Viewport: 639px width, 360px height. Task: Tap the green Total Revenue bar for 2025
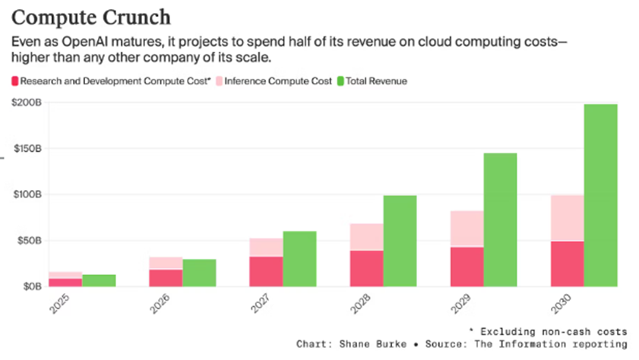pyautogui.click(x=99, y=280)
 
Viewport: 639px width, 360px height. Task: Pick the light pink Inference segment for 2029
pyautogui.click(x=467, y=229)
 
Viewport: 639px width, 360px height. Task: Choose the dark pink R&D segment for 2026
pyautogui.click(x=166, y=278)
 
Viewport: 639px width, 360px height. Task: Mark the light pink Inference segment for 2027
pyautogui.click(x=266, y=247)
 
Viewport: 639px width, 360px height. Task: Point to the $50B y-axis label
pyautogui.click(x=27, y=241)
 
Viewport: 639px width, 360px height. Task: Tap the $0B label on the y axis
pyautogui.click(x=30, y=287)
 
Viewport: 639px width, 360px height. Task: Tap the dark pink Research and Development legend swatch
pyautogui.click(x=16, y=81)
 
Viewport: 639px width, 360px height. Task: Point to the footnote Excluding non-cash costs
pyautogui.click(x=555, y=331)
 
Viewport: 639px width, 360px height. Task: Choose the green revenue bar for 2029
pyautogui.click(x=500, y=219)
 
